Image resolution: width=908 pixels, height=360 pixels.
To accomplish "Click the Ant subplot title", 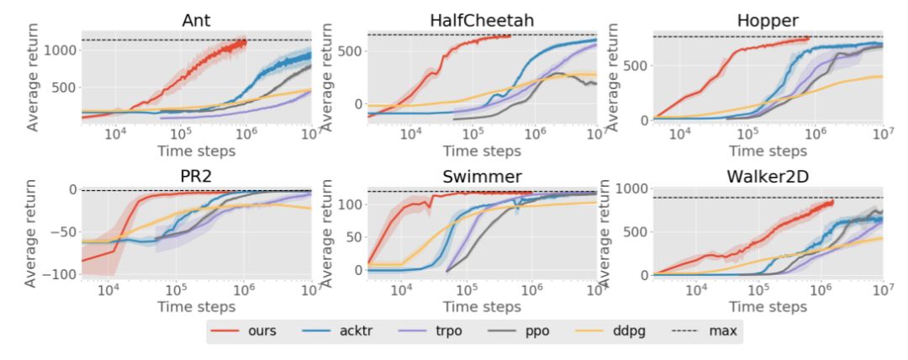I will coord(197,18).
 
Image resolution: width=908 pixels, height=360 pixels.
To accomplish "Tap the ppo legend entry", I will coord(538,331).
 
